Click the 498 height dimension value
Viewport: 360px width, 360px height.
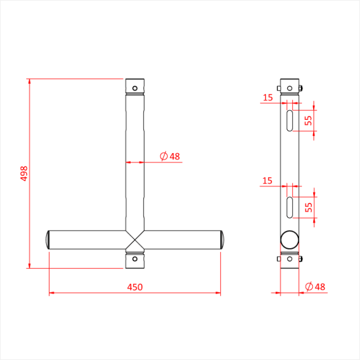(x=23, y=173)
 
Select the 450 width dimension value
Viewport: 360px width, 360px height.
(x=135, y=287)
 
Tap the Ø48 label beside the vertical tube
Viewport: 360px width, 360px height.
(x=170, y=156)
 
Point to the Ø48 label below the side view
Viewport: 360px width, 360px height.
(x=314, y=286)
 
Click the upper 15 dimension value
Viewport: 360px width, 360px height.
(x=267, y=97)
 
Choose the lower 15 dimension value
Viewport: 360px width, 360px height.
(x=267, y=181)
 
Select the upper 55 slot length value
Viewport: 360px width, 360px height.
(x=308, y=120)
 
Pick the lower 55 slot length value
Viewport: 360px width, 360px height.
(x=308, y=207)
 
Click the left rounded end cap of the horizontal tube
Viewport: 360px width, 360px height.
(x=47, y=240)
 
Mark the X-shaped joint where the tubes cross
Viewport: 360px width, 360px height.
(x=135, y=240)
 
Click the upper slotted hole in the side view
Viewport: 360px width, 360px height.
(x=290, y=120)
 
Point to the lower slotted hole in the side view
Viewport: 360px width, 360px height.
(x=290, y=207)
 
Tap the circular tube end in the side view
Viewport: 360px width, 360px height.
(x=290, y=240)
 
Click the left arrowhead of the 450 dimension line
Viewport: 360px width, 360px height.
(x=52, y=294)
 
